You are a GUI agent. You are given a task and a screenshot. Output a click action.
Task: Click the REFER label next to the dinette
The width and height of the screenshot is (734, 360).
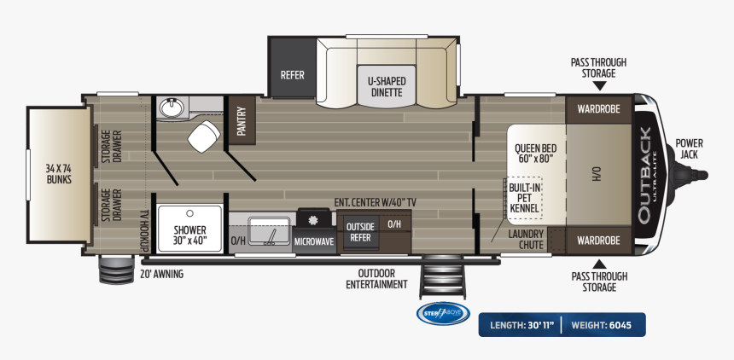point(292,75)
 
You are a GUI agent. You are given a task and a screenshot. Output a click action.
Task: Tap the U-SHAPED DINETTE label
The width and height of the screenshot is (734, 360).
point(387,86)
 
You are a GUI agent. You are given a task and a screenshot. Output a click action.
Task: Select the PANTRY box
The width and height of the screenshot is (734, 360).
point(242,120)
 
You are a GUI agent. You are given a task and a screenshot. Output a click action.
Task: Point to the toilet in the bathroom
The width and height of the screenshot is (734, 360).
point(205,136)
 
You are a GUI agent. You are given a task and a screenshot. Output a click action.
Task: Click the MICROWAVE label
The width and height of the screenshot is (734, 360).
point(315,241)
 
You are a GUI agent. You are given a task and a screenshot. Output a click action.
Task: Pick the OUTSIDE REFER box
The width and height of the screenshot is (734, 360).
point(360,232)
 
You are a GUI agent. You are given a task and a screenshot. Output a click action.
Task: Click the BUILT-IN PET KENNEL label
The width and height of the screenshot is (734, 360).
point(524,197)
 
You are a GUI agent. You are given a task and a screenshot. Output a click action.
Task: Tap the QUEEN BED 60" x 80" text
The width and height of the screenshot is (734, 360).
point(535,153)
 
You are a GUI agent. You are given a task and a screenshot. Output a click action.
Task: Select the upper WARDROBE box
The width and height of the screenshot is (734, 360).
point(598,109)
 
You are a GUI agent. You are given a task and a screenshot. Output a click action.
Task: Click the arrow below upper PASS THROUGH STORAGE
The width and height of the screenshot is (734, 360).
point(598,87)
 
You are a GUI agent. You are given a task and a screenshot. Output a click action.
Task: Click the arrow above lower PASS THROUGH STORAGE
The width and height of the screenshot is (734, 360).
point(598,263)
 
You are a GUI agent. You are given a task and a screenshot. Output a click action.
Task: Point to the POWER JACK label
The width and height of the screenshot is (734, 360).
point(688,148)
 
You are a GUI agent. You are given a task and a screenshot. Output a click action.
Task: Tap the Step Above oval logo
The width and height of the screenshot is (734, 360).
point(442,313)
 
